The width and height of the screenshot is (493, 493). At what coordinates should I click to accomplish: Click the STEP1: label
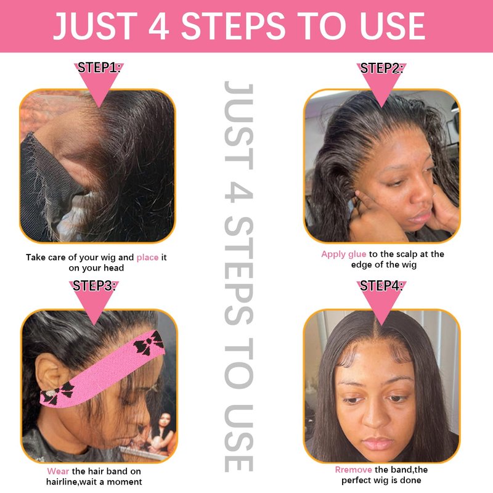(x=99, y=68)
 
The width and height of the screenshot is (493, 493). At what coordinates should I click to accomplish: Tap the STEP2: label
(x=381, y=68)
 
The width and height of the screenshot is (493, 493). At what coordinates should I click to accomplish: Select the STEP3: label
(x=94, y=286)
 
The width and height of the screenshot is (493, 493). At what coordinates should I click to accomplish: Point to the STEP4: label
(x=381, y=286)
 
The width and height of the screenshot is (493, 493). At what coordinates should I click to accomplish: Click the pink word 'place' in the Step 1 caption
(x=147, y=258)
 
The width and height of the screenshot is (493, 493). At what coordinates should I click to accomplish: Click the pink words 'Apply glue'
(x=344, y=254)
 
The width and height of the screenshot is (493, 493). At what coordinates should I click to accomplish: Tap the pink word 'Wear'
(x=58, y=471)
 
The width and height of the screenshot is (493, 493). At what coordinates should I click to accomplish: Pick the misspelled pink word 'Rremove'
(x=353, y=470)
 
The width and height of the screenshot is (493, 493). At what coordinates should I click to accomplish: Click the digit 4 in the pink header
(x=159, y=26)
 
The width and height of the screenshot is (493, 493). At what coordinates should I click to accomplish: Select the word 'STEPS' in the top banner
(x=234, y=26)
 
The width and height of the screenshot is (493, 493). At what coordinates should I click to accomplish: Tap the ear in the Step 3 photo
(x=49, y=373)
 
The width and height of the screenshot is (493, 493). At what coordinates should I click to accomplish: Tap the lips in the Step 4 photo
(x=377, y=443)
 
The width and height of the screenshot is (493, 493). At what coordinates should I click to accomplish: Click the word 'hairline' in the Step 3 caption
(x=64, y=482)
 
